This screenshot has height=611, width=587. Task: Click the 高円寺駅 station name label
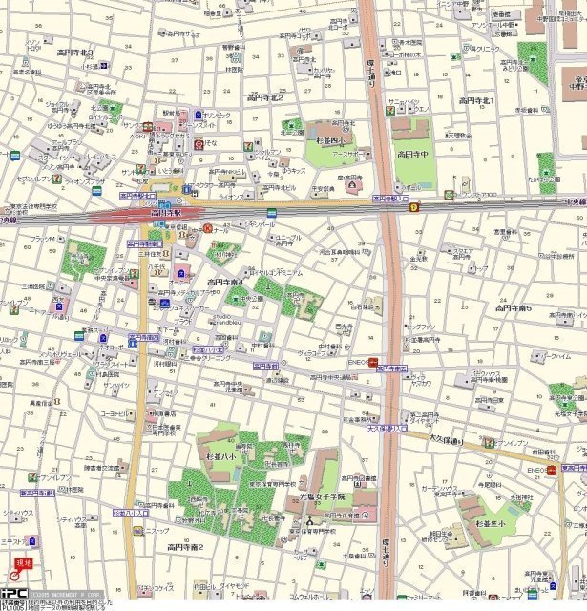click(x=164, y=212)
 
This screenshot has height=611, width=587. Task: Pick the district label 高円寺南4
click(x=225, y=283)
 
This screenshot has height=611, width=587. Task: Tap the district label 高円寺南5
click(x=513, y=307)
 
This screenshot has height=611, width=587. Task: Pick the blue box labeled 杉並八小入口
click(x=131, y=513)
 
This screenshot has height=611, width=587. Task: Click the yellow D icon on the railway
click(x=414, y=207)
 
